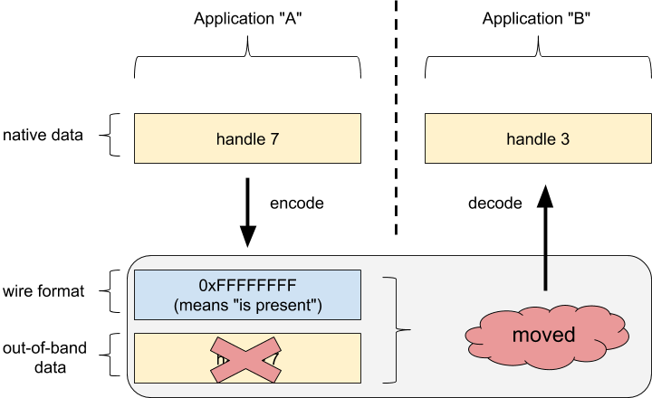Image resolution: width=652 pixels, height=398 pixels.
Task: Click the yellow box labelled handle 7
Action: coord(247,138)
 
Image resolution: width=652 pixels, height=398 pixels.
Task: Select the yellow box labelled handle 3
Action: coord(538,138)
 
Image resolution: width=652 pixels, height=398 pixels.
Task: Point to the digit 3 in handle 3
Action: coord(565,139)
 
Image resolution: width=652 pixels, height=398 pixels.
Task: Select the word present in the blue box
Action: coord(286,305)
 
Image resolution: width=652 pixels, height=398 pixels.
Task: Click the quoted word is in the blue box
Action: coord(243,305)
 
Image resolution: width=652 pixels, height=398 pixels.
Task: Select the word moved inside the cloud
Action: coord(543,335)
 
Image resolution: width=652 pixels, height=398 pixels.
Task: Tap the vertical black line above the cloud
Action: coord(545,271)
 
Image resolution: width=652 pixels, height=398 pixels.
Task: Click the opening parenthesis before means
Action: coord(176,305)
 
